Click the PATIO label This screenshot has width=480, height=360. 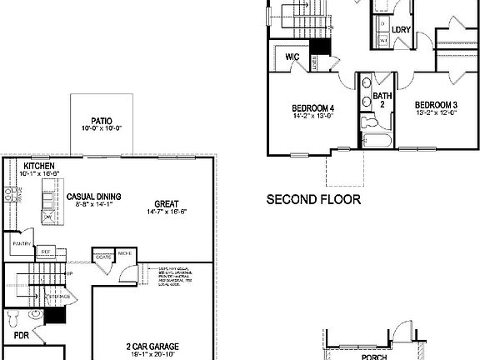(x=102, y=119)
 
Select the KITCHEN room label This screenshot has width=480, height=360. (x=39, y=167)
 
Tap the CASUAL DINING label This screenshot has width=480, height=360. (x=93, y=197)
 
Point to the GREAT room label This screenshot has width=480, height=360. (x=167, y=202)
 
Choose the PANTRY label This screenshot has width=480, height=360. (x=21, y=243)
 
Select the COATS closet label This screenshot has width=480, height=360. (x=104, y=257)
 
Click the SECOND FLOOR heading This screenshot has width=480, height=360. (x=312, y=200)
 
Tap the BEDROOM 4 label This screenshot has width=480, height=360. (x=312, y=107)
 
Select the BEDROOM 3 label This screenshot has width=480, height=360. (x=436, y=104)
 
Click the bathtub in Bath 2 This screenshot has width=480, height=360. (x=376, y=140)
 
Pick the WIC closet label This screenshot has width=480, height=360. (x=292, y=57)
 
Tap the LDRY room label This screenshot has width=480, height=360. (x=401, y=29)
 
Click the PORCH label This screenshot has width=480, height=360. (x=373, y=356)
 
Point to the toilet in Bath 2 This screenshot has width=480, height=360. (x=367, y=122)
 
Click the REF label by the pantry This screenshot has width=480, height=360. (x=47, y=250)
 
